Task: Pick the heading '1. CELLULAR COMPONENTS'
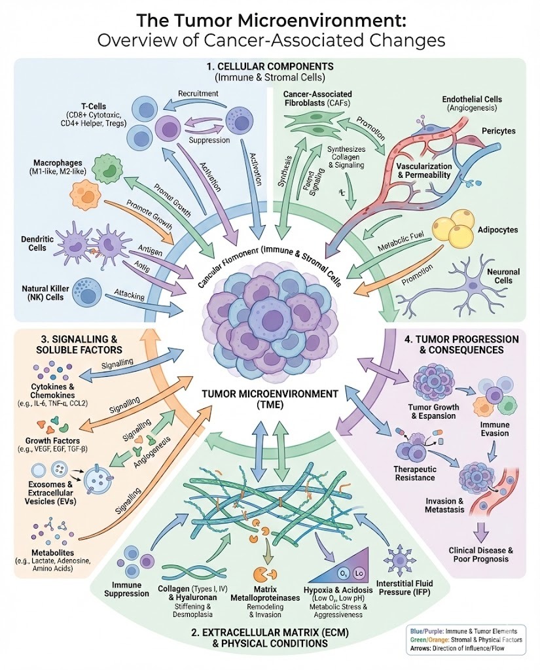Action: [270, 67]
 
